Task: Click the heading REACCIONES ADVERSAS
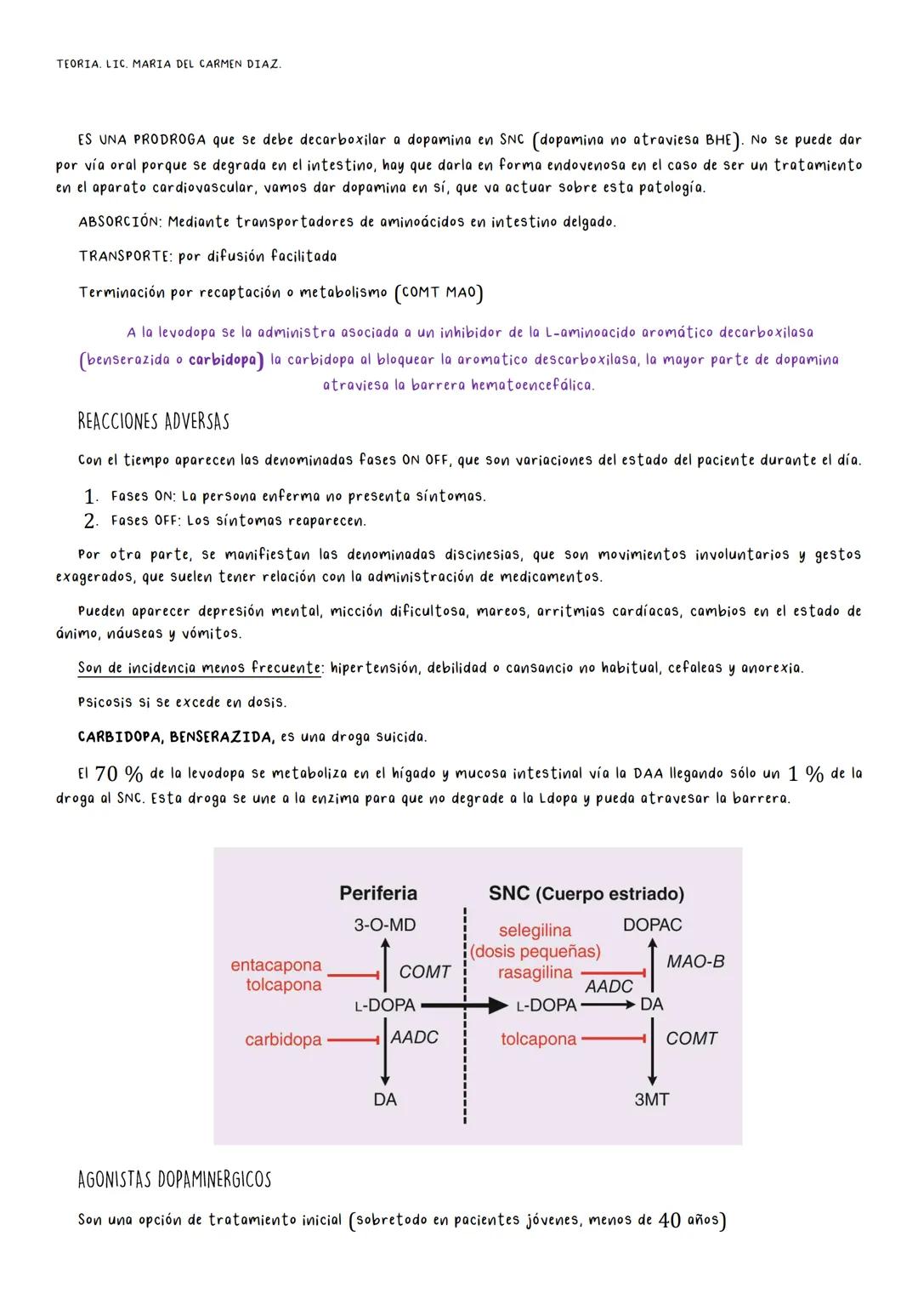click(153, 422)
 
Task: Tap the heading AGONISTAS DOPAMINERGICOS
click(174, 1180)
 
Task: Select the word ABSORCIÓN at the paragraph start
click(119, 222)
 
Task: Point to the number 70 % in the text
click(118, 774)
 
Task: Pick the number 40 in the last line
click(669, 1221)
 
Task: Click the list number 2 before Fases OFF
click(90, 521)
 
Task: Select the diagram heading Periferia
click(378, 892)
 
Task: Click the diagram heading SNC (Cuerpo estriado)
click(586, 893)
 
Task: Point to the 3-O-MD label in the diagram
click(384, 925)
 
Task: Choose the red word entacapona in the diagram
click(276, 965)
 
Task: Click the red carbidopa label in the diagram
click(283, 1040)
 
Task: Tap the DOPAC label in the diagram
click(652, 925)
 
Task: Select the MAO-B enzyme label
click(695, 961)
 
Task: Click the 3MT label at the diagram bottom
click(651, 1099)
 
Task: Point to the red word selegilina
click(535, 930)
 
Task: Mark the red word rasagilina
click(535, 972)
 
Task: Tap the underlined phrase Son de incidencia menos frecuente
click(200, 669)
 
